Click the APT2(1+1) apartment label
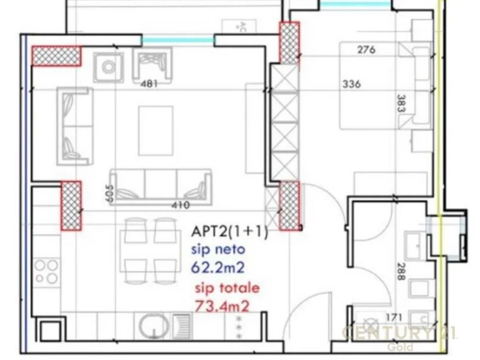[x=229, y=232]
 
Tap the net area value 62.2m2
[x=217, y=266]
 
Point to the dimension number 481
[x=148, y=84]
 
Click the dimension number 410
[x=180, y=205]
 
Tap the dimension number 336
[x=351, y=84]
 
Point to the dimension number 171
[x=393, y=318]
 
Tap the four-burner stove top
[x=46, y=271]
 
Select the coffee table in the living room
[x=156, y=130]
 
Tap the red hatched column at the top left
[x=57, y=56]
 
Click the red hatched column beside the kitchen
[x=71, y=206]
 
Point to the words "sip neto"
[x=218, y=249]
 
